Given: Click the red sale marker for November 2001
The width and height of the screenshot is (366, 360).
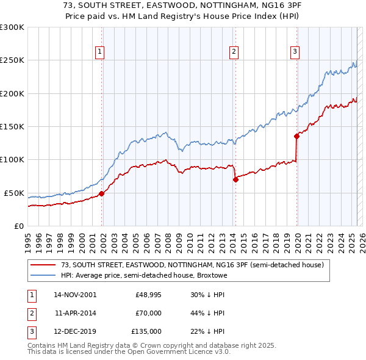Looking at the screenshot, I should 102,193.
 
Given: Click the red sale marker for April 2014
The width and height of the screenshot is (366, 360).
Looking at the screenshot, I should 235,179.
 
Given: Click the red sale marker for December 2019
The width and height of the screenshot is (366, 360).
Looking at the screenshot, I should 296,136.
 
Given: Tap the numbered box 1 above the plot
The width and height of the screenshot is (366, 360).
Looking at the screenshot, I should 99,52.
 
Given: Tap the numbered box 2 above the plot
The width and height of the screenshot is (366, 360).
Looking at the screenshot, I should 234,52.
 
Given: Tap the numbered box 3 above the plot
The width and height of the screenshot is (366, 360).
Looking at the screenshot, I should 295,52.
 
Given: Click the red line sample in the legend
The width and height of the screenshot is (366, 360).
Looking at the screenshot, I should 43,265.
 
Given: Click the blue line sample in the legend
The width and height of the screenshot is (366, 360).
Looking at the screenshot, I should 43,275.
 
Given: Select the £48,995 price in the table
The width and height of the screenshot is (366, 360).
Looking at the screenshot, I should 148,294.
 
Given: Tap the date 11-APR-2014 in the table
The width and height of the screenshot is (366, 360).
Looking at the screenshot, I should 75,313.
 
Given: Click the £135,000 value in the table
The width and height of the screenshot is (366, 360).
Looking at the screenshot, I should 146,332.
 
